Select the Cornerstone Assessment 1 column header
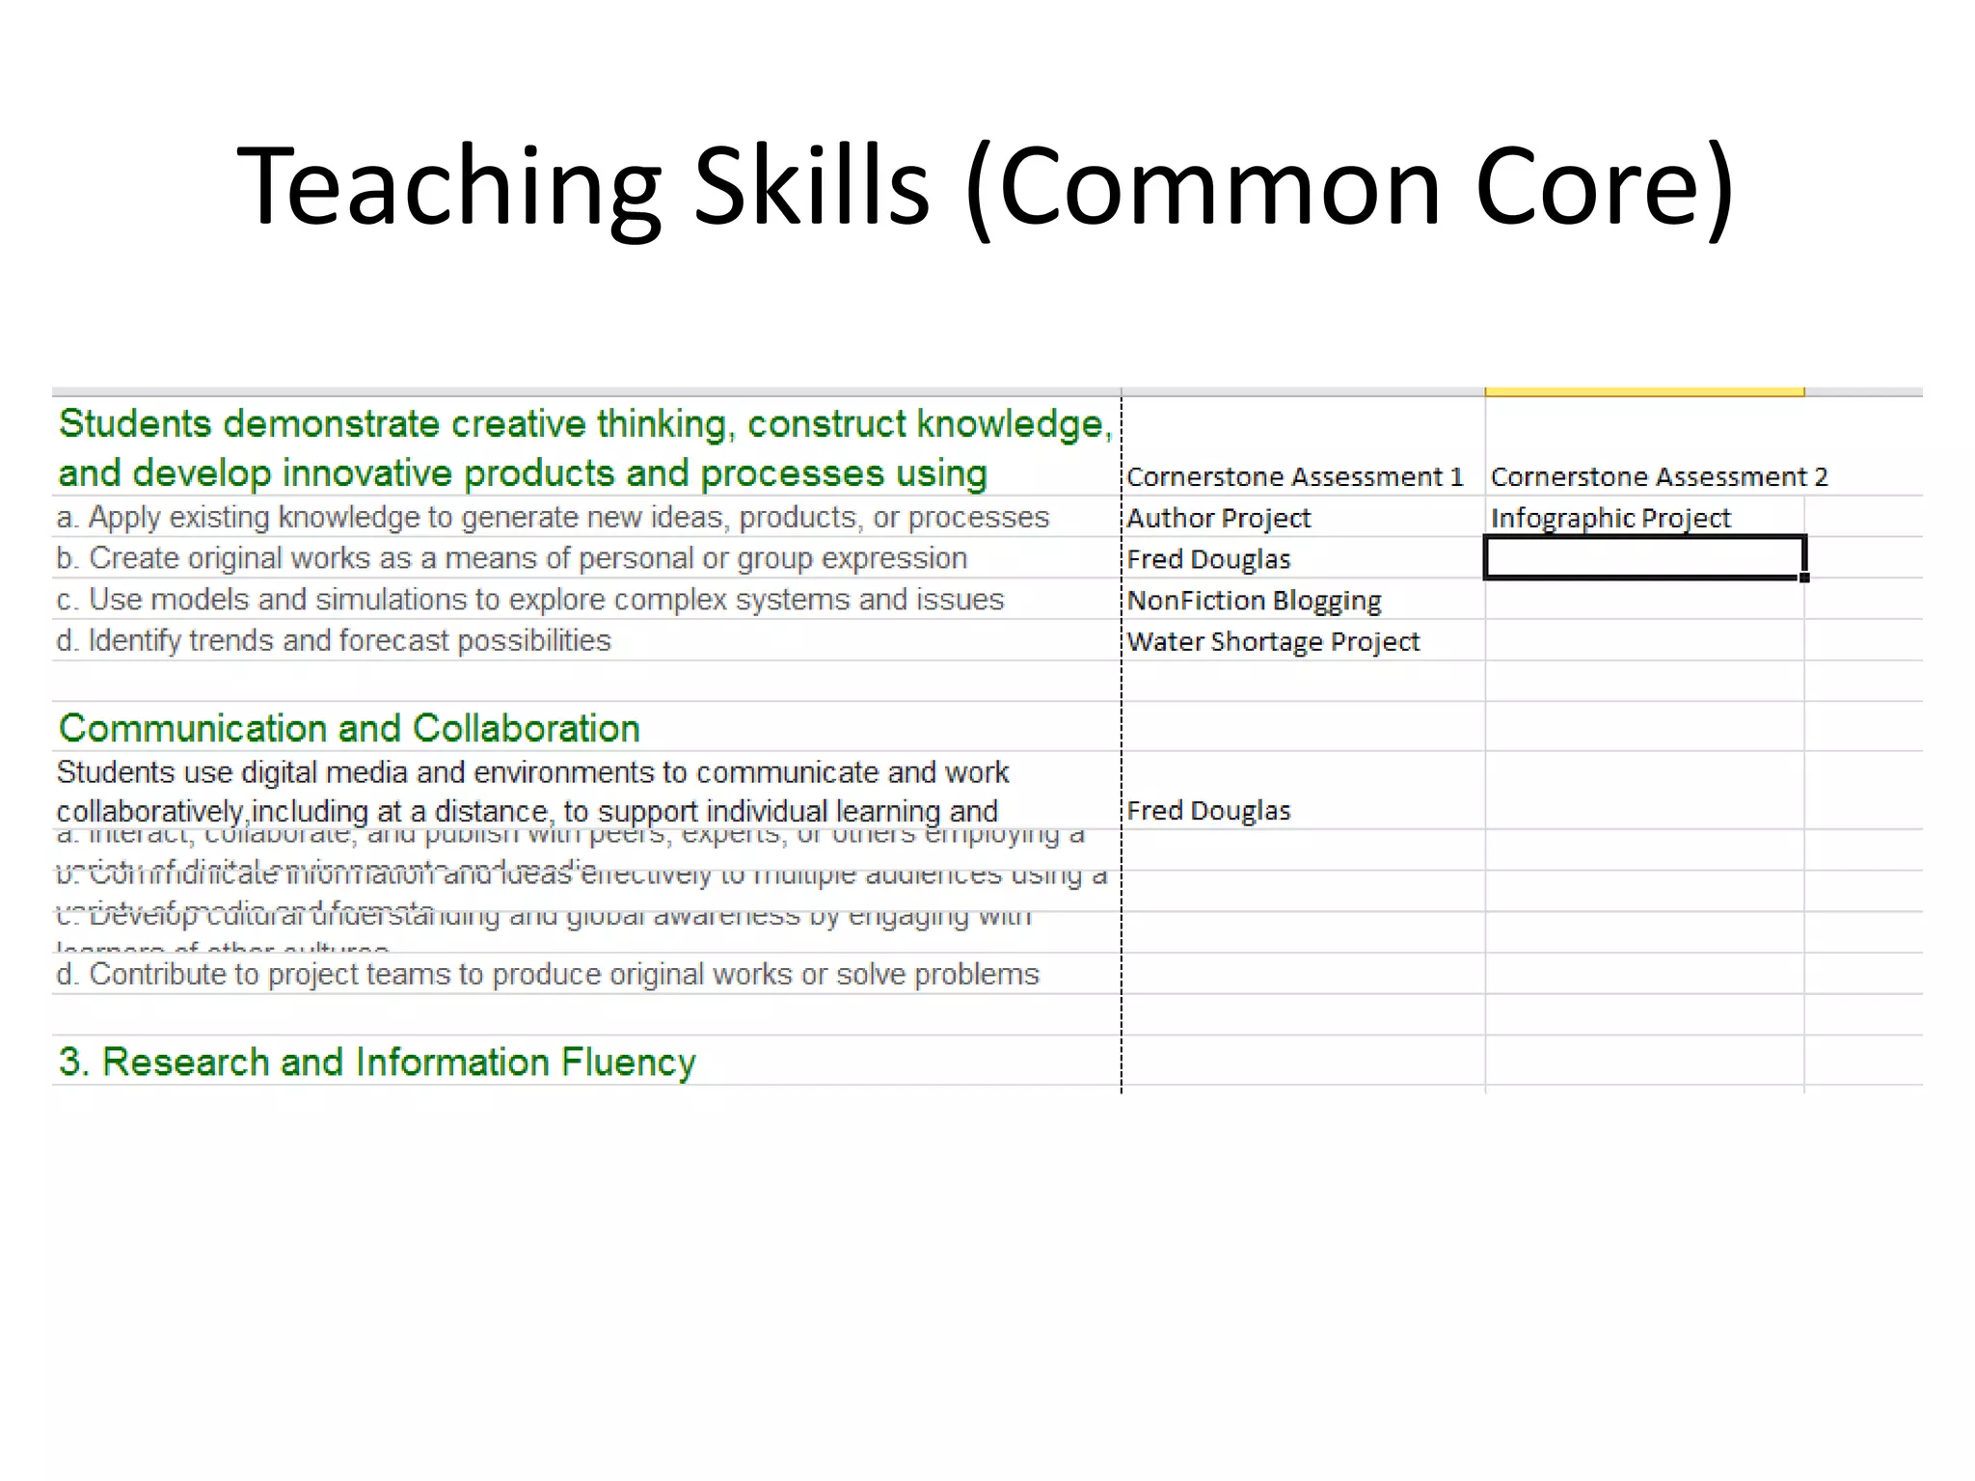tap(1294, 476)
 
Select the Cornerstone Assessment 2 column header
tap(1659, 476)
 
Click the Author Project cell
tap(1219, 518)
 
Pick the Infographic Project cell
tap(1610, 518)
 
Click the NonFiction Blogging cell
tap(1254, 601)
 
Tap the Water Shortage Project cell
tap(1273, 641)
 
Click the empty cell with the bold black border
tap(1643, 558)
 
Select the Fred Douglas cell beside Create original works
tap(1208, 559)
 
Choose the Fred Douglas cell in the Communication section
tap(1208, 810)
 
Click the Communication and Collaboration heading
tap(349, 728)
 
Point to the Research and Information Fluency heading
tap(377, 1062)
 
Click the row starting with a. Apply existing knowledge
tap(553, 518)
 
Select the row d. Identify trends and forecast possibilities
tap(334, 640)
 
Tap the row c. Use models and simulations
tap(530, 600)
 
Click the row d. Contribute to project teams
tap(548, 974)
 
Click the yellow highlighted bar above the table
tap(1644, 391)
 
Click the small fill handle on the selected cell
tap(1804, 578)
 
